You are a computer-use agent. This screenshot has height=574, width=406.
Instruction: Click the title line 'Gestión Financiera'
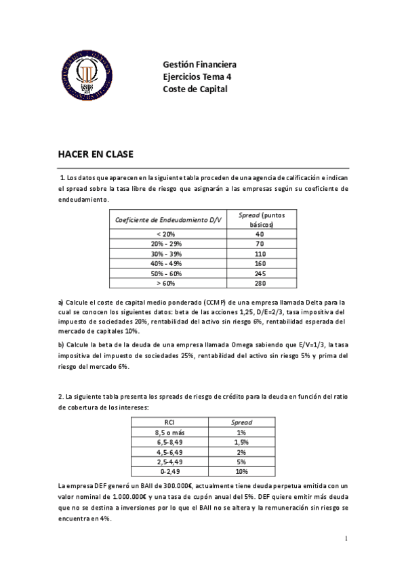point(199,65)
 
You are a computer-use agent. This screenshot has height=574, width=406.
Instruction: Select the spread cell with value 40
point(260,234)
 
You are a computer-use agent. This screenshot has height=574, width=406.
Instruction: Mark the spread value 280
point(260,283)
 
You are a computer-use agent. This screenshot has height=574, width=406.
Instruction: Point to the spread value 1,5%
point(241,442)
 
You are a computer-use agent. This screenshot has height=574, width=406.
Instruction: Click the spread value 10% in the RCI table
point(241,472)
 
